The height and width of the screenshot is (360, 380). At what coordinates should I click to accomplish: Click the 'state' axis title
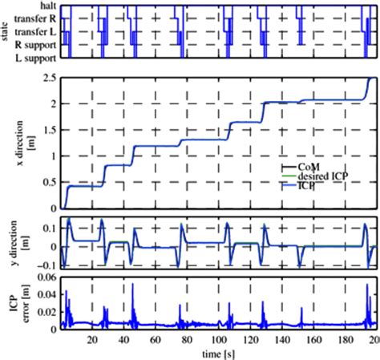click(x=6, y=33)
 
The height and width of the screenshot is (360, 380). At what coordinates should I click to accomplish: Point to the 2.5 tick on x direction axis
click(x=48, y=78)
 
